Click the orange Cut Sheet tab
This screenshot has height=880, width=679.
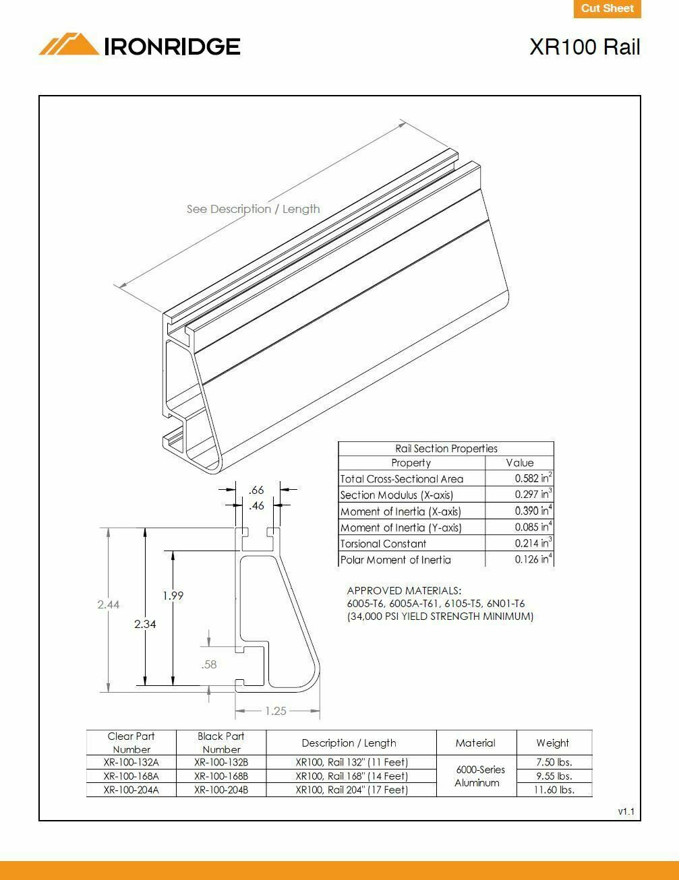pos(607,9)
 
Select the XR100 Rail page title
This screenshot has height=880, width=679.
pos(584,47)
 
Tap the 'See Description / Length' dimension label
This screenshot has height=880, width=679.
pos(253,209)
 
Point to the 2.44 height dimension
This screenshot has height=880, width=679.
pos(108,604)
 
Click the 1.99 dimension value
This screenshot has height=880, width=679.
pos(173,596)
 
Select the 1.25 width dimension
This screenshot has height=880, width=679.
pos(276,711)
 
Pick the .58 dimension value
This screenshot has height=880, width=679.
pos(209,664)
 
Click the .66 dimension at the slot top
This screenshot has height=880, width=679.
pos(256,490)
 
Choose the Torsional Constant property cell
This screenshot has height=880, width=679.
pos(383,544)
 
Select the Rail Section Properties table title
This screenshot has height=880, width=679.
pos(446,449)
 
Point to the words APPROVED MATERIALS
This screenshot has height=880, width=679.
pos(404,591)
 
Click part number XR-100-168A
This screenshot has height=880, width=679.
pos(131,776)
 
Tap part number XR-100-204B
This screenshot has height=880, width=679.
pos(221,790)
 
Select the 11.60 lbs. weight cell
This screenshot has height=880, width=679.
pos(554,790)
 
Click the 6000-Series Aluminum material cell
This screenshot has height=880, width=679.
pos(477,776)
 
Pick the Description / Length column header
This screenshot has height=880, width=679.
pos(349,743)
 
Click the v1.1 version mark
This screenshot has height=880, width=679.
pos(626,811)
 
